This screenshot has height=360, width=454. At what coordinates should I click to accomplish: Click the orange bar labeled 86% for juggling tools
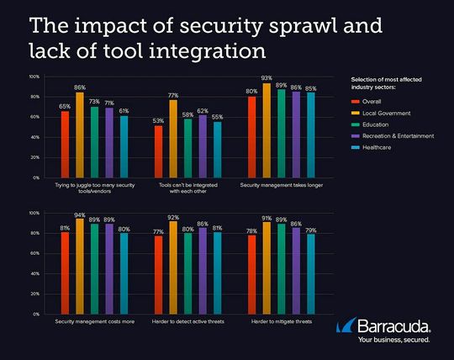point(80,135)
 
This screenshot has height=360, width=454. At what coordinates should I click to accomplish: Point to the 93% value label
point(267,78)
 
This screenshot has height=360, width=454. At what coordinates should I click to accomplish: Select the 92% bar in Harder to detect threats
point(174,267)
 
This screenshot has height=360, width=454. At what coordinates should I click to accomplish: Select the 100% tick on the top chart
point(34,77)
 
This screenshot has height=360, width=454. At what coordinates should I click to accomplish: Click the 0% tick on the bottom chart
point(36,314)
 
